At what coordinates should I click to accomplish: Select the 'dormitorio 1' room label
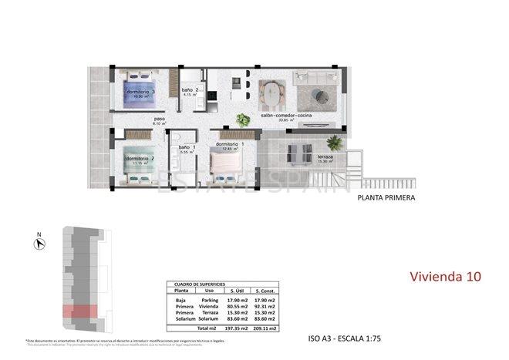[x=231, y=144]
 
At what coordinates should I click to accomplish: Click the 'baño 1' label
[x=187, y=147]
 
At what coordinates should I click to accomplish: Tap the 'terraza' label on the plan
[x=325, y=157]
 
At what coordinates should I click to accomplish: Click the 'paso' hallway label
[x=159, y=119]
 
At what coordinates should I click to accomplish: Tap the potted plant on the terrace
[x=334, y=143]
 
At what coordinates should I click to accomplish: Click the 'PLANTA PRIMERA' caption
[x=386, y=198]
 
